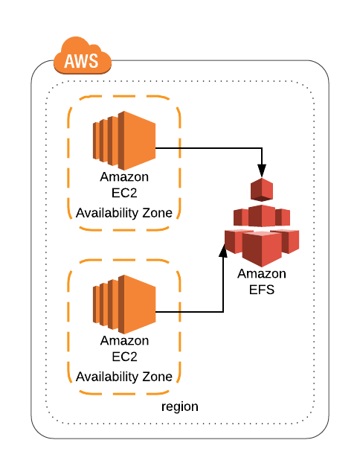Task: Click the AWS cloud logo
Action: click(83, 55)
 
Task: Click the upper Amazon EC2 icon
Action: click(123, 141)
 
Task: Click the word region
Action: click(180, 407)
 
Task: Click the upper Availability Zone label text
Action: click(124, 213)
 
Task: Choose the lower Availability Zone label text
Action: click(124, 376)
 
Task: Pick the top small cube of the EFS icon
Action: click(261, 189)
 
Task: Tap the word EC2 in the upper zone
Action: click(124, 194)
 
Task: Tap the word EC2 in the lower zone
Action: click(124, 357)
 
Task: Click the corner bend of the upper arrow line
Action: click(261, 147)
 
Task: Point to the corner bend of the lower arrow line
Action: click(223, 310)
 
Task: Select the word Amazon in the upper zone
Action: click(124, 177)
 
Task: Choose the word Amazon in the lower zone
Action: click(124, 340)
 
